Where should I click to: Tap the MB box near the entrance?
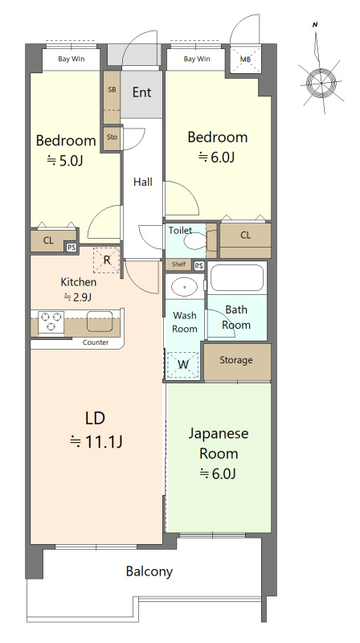pyautogui.click(x=246, y=59)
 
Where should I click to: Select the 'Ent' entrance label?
pyautogui.click(x=141, y=92)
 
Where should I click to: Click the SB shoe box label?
pyautogui.click(x=112, y=89)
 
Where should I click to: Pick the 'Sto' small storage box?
pyautogui.click(x=112, y=137)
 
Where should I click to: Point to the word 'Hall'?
pyautogui.click(x=142, y=182)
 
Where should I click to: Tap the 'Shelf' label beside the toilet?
pyautogui.click(x=178, y=265)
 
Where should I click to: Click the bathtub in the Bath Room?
pyautogui.click(x=237, y=278)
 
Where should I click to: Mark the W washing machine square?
pyautogui.click(x=184, y=364)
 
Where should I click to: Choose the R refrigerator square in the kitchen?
pyautogui.click(x=107, y=260)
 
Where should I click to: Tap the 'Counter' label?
pyautogui.click(x=96, y=342)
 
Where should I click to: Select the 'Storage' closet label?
pyautogui.click(x=236, y=360)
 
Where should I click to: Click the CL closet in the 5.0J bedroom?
pyautogui.click(x=48, y=240)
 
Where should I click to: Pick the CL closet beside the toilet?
pyautogui.click(x=245, y=235)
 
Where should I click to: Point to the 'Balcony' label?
pyautogui.click(x=149, y=571)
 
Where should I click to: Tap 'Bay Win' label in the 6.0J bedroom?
pyautogui.click(x=197, y=59)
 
